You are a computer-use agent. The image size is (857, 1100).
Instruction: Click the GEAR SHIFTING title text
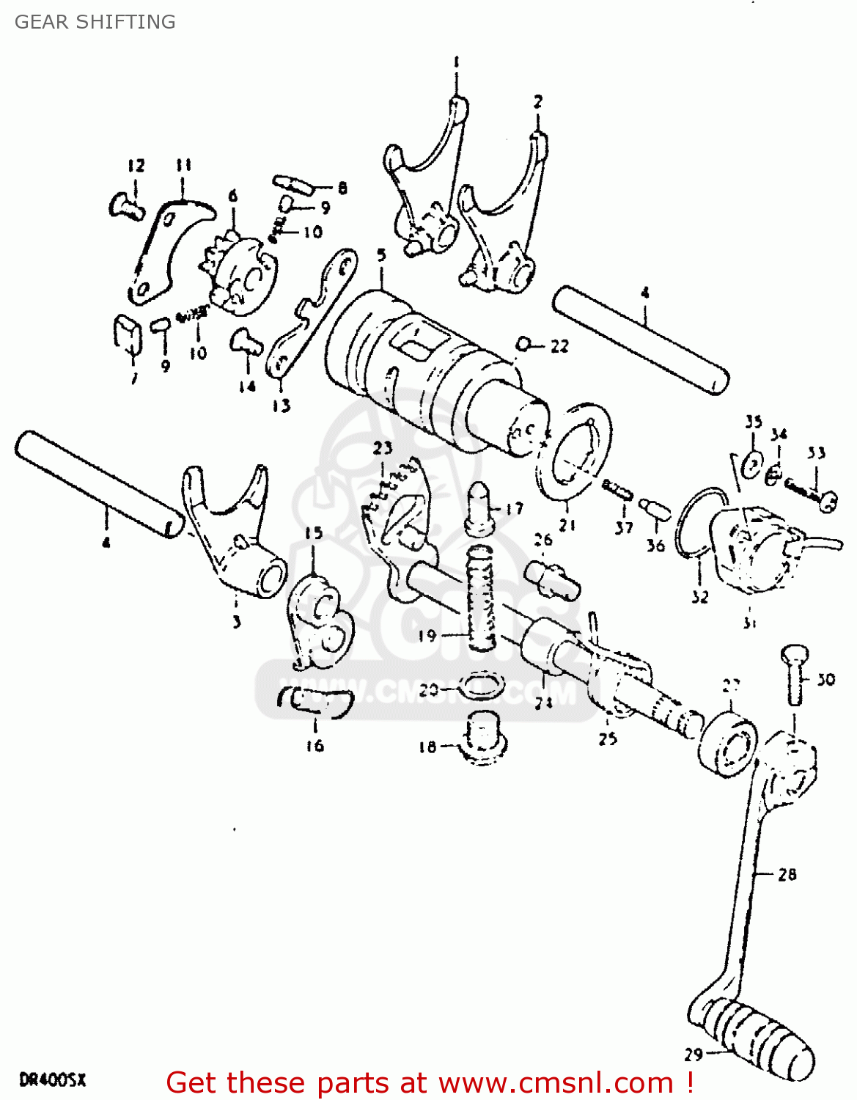pos(95,22)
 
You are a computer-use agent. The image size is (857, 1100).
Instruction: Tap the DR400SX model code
pos(53,1079)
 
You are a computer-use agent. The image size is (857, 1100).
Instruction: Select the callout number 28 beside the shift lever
pos(787,874)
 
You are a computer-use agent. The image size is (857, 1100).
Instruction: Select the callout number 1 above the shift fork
pos(456,62)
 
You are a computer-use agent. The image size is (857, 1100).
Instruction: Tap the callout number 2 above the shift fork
pos(538,101)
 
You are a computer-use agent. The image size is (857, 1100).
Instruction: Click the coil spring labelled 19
pos(481,598)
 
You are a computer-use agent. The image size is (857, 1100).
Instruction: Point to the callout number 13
pos(282,406)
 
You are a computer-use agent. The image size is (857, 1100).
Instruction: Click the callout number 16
pos(315,746)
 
